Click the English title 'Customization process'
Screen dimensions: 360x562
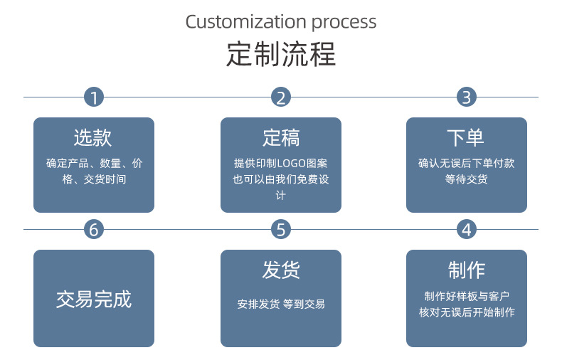pos(281,21)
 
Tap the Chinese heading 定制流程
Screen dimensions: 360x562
pos(281,54)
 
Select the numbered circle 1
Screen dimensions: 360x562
pos(94,97)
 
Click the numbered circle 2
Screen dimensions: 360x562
pos(281,97)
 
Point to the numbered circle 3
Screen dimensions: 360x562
pos(467,97)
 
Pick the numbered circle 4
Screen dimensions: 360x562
pos(467,229)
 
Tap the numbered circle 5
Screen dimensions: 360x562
pos(281,229)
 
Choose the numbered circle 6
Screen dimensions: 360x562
pos(94,229)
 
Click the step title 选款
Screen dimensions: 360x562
pos(93,137)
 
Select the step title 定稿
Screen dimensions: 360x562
pos(281,137)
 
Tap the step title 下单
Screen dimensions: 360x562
pos(466,137)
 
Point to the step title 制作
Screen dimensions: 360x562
pos(466,270)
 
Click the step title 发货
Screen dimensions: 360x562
pos(281,270)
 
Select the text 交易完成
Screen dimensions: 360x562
pos(94,299)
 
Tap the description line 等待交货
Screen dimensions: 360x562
pos(466,179)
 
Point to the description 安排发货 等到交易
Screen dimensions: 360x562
pos(281,304)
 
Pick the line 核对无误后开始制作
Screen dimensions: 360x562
pos(466,312)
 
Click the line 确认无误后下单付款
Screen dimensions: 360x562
pos(466,163)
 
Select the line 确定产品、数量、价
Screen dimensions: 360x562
pos(94,163)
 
